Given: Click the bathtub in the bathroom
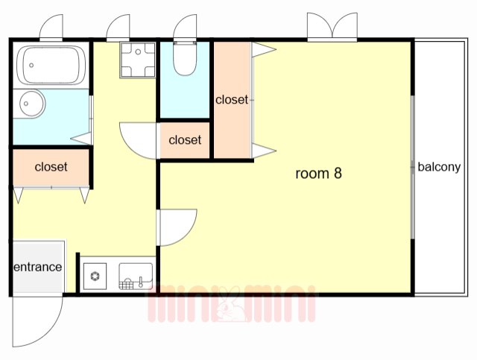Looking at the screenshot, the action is [51, 65].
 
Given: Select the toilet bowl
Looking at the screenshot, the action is [185, 59].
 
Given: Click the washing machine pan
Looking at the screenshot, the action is [137, 60].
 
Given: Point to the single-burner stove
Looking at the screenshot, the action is [95, 276].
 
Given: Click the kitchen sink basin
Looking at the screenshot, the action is [136, 276].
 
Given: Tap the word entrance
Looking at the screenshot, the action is [38, 267].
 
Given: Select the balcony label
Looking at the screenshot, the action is [439, 167].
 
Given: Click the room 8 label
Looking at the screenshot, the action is [318, 173].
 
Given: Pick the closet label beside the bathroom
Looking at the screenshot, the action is [51, 167].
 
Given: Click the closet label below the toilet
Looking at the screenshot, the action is [185, 140].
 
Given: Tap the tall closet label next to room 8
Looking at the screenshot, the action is [232, 100].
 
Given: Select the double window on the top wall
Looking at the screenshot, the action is [332, 27].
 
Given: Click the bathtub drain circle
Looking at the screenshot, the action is [31, 65].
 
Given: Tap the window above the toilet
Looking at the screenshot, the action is [185, 28].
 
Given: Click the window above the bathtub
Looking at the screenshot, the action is [51, 28].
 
